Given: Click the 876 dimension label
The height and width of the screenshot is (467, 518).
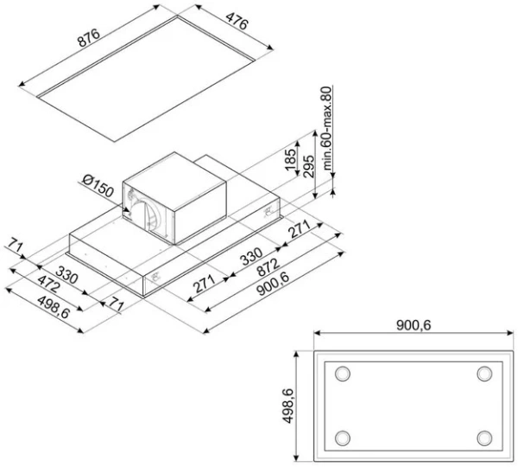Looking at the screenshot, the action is [88, 38].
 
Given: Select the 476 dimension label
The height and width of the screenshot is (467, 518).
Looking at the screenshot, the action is [237, 21].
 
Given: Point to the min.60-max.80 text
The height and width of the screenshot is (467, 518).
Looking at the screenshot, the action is [326, 128].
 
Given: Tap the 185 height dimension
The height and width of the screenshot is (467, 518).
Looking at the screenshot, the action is [291, 159].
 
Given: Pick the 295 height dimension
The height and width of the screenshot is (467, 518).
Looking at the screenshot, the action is [308, 167].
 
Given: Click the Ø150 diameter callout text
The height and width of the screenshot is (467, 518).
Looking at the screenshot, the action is [98, 186].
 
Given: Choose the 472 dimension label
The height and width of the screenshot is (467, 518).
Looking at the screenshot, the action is [48, 284].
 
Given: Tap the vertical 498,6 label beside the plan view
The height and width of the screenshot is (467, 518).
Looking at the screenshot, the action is [287, 406].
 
